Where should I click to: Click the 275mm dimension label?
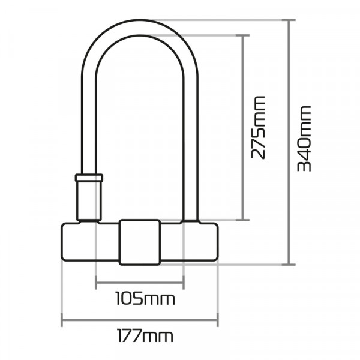(259, 128)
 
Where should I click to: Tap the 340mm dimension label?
(305, 139)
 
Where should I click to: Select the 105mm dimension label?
(140, 298)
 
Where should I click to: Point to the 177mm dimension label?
(140, 336)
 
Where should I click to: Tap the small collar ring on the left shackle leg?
(88, 178)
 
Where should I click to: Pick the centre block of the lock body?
(139, 242)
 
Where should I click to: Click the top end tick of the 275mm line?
(242, 35)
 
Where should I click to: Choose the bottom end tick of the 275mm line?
(242, 220)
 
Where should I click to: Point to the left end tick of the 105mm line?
(96, 281)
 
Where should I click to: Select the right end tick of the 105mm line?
(183, 281)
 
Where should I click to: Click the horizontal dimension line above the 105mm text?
(139, 281)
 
